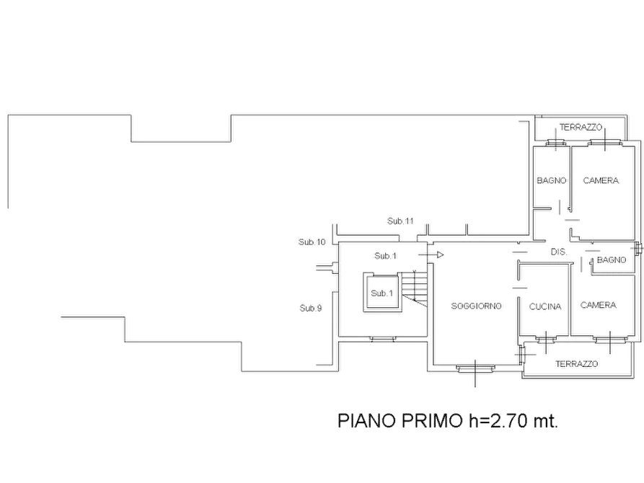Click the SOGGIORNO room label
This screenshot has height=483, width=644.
(x=477, y=306)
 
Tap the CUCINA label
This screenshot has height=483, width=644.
(x=545, y=306)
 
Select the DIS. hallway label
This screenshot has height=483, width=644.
(x=559, y=252)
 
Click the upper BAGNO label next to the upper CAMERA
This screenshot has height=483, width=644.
(x=552, y=180)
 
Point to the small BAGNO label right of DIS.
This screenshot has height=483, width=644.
(x=612, y=260)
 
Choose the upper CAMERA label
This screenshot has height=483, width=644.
(x=601, y=180)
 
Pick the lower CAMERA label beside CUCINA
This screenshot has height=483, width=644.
(x=599, y=305)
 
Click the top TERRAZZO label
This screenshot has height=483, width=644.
(x=581, y=128)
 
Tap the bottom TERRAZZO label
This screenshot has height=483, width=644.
(x=577, y=364)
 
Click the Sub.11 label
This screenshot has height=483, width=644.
(x=400, y=221)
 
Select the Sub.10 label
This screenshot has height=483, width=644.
(x=312, y=242)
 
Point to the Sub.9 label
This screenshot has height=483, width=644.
(x=311, y=308)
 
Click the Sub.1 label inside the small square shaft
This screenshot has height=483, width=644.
(x=382, y=293)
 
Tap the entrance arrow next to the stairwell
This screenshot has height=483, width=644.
(x=431, y=255)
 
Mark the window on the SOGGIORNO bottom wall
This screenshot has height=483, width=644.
(x=475, y=368)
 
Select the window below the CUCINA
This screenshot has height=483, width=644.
(x=546, y=340)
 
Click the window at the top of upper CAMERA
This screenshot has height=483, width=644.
(x=604, y=143)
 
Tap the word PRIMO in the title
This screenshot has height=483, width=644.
(x=432, y=420)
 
